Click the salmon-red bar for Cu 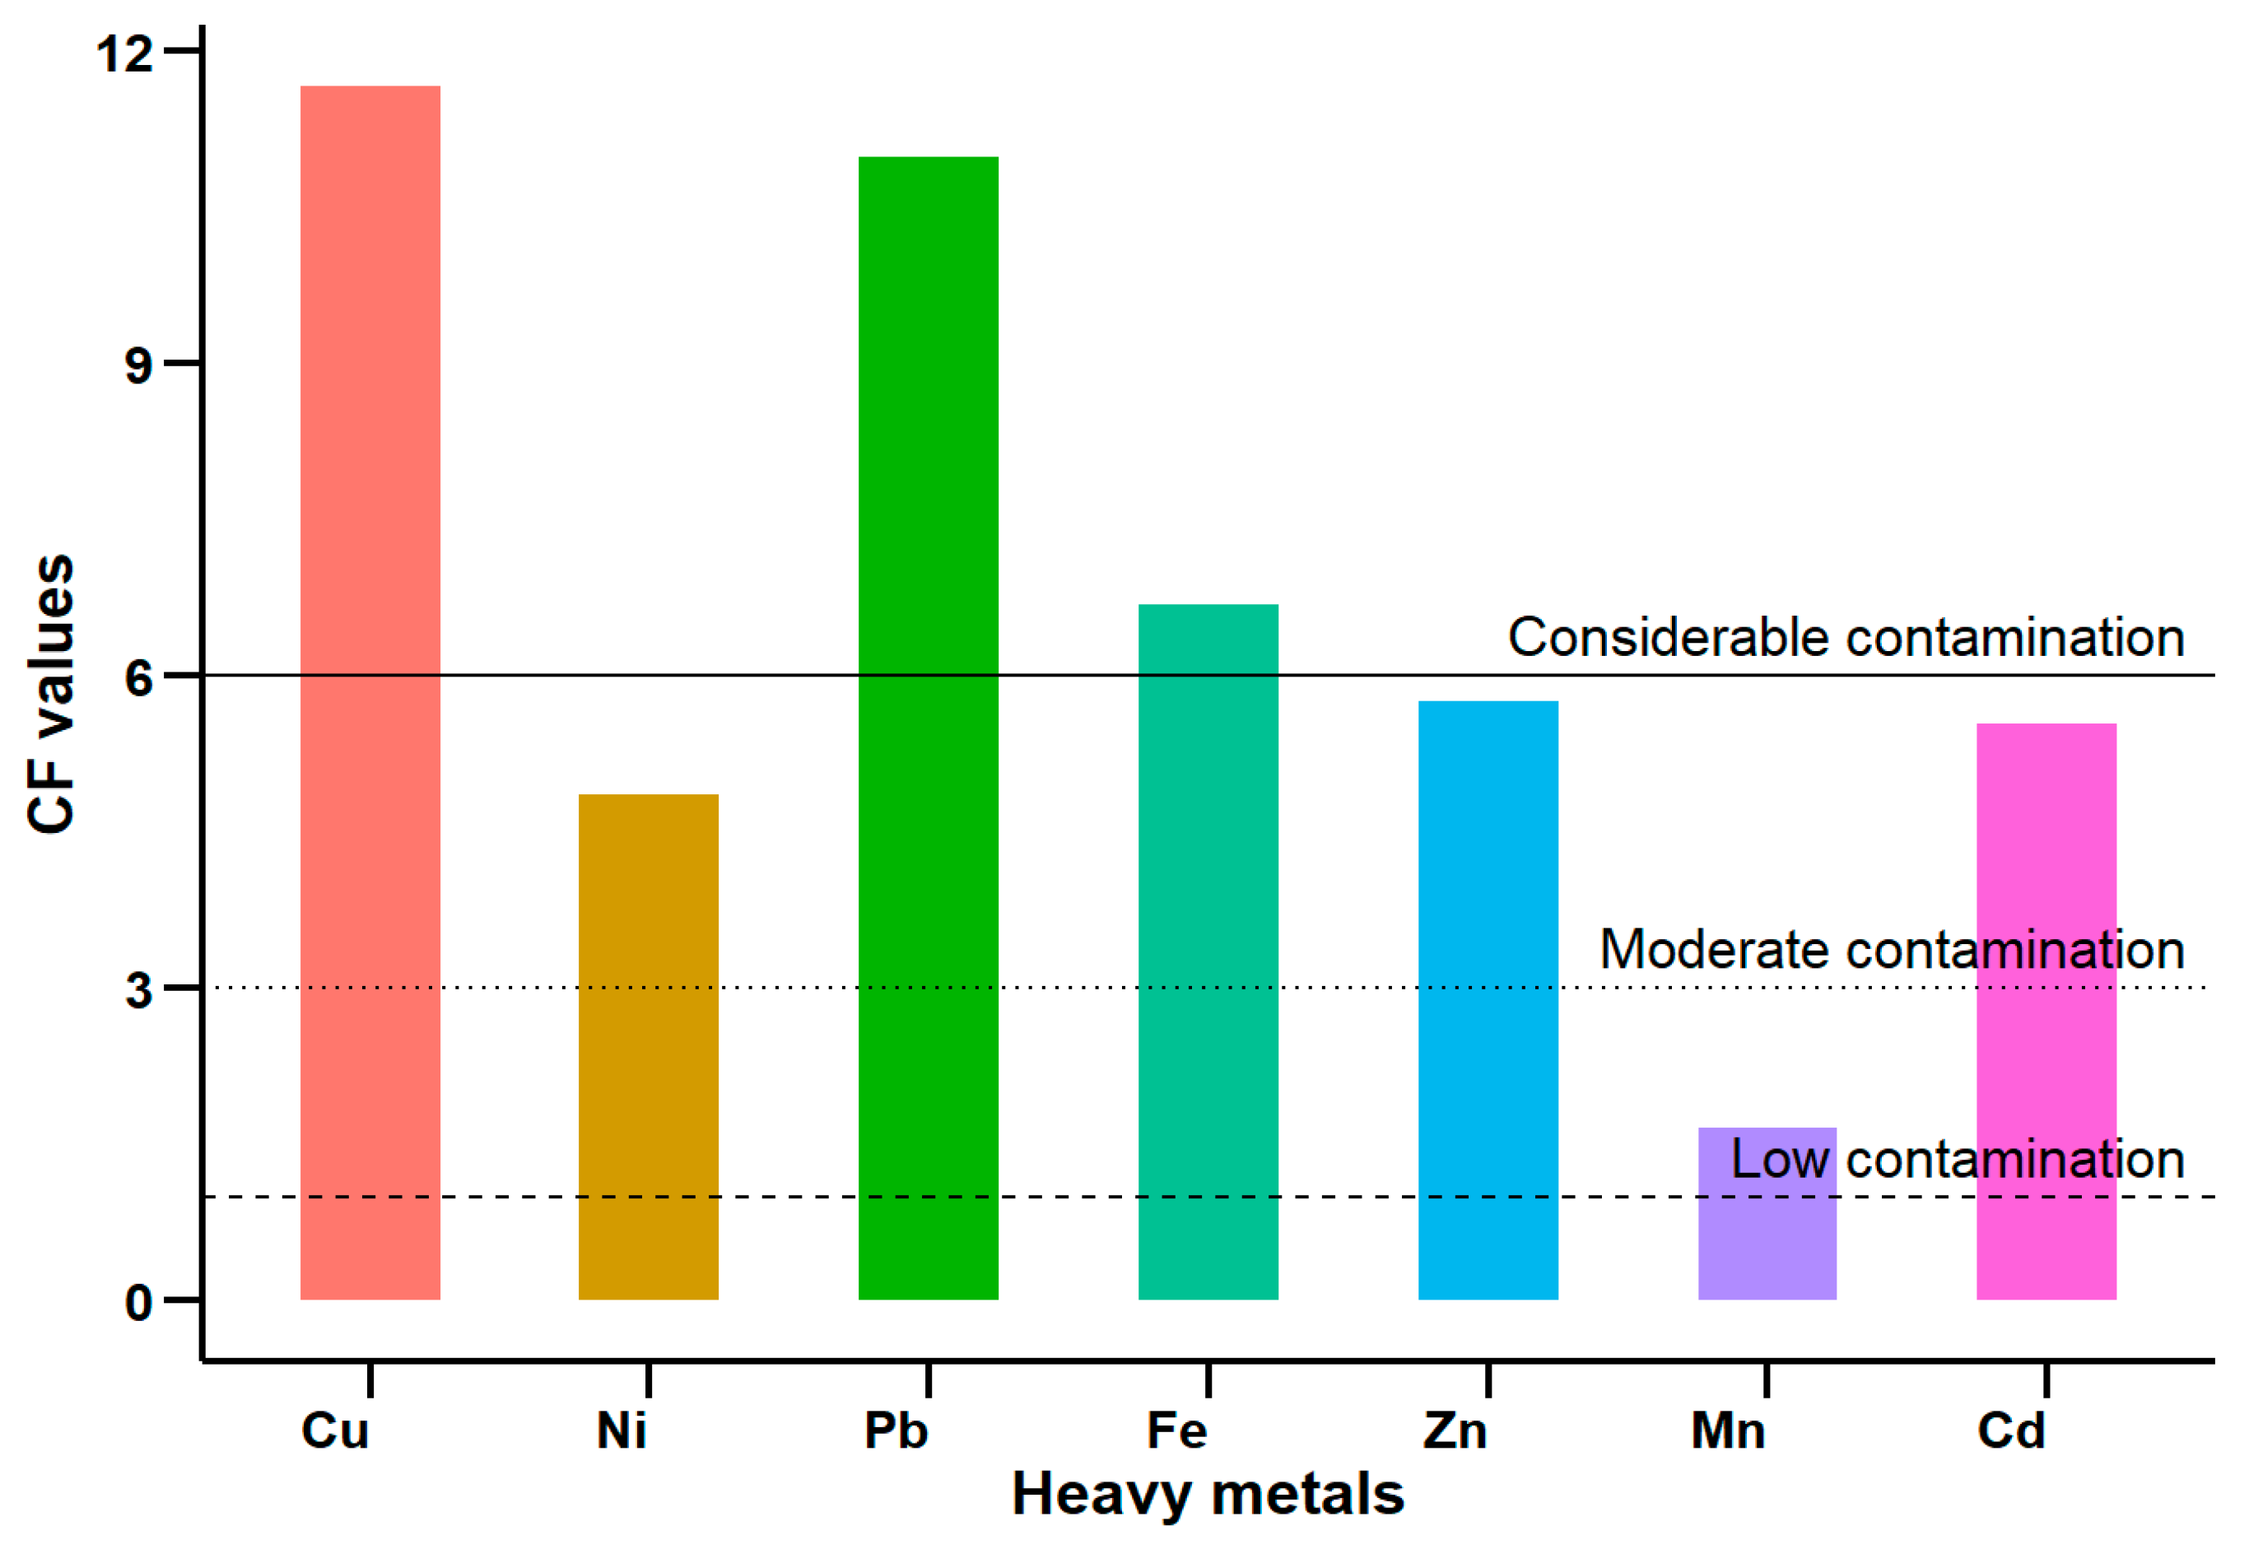[370, 692]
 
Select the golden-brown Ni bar [649, 1046]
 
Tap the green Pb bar [928, 728]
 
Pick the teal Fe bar [1208, 951]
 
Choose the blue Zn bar [1488, 1000]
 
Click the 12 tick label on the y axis [124, 53]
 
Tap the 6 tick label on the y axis [139, 677]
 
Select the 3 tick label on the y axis [139, 990]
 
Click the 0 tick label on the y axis [139, 1302]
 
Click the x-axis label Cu [335, 1430]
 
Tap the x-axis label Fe [1176, 1430]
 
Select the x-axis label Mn [1728, 1430]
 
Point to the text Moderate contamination [1892, 949]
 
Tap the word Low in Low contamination [1780, 1159]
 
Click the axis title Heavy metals [1208, 1494]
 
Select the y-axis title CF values [50, 693]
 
